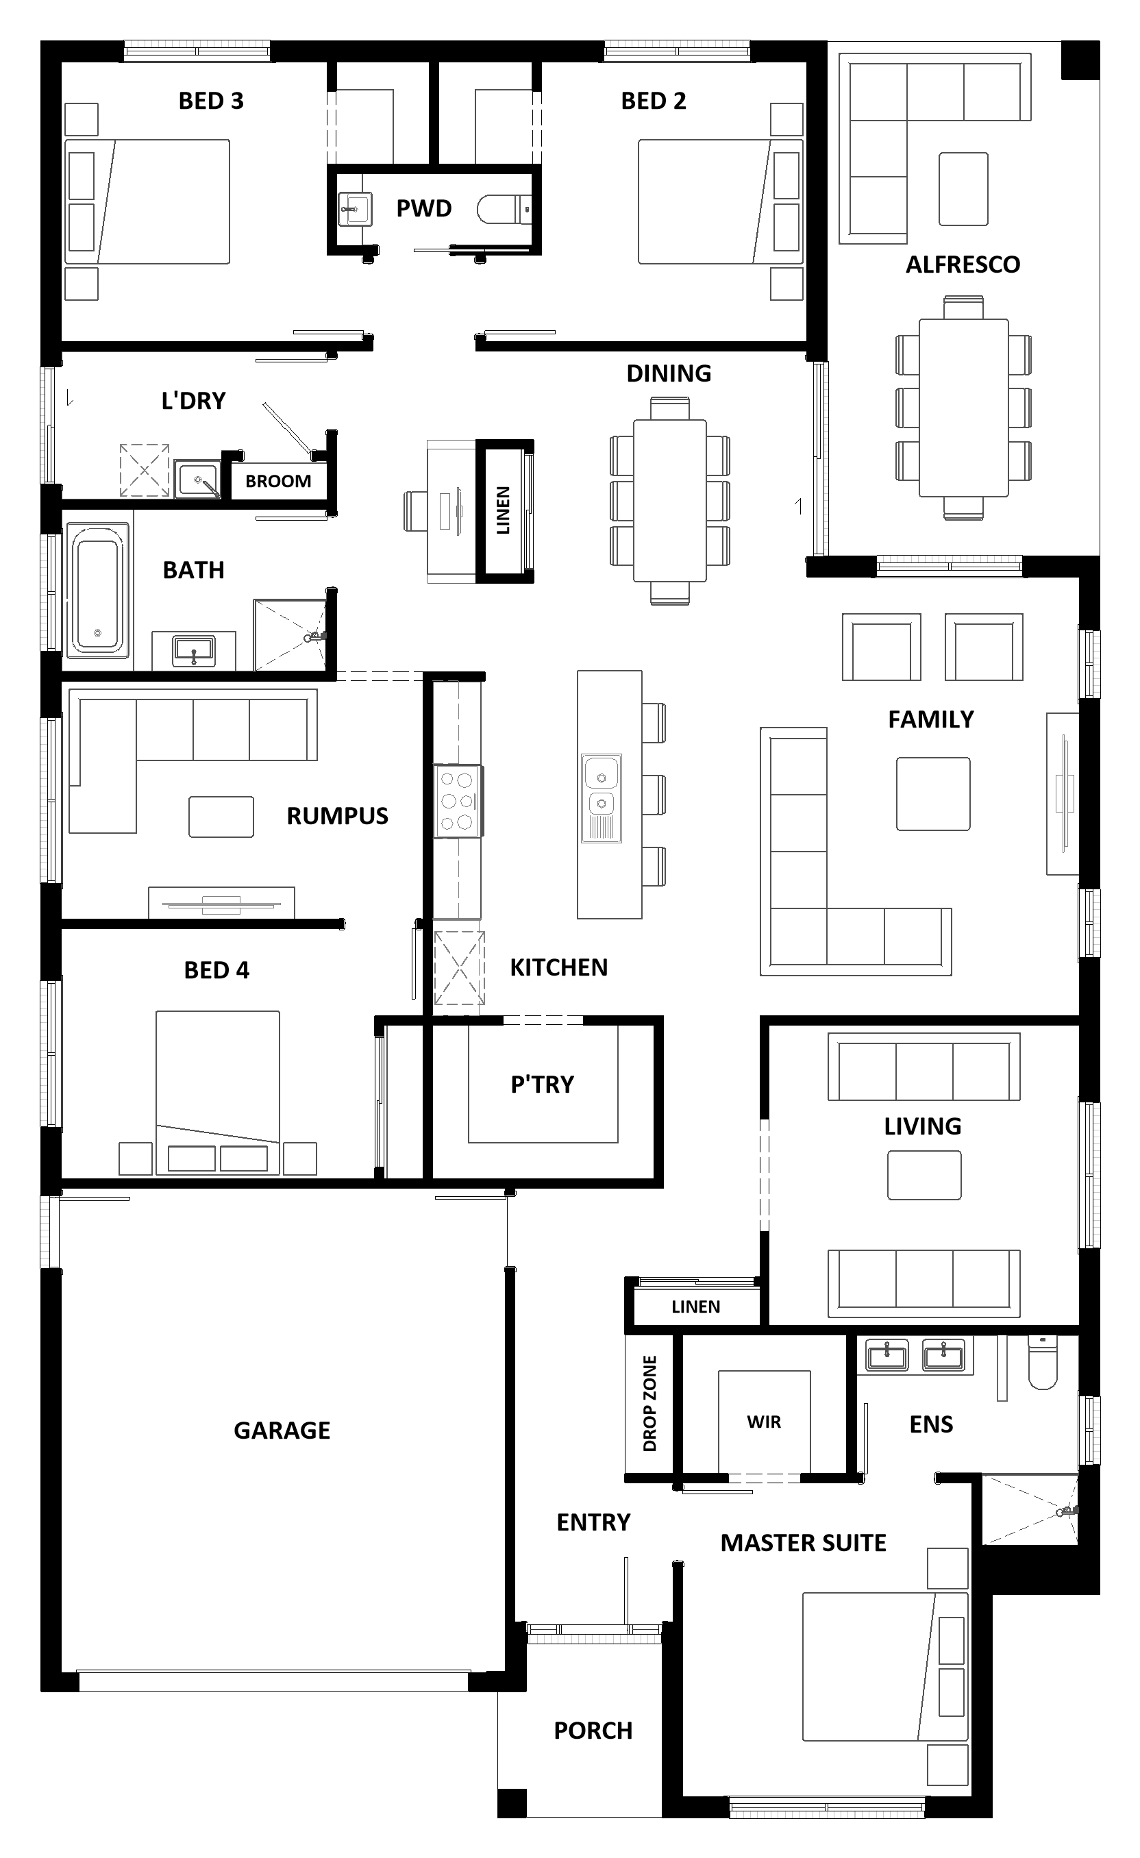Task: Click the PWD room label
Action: point(423,208)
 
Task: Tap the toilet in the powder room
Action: point(505,210)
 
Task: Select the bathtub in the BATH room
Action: point(98,590)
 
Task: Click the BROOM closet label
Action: point(278,481)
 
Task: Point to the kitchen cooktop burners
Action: point(457,801)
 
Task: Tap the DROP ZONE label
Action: point(650,1403)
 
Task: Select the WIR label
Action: point(764,1422)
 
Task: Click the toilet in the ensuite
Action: point(1043,1364)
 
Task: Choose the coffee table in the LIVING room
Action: point(924,1175)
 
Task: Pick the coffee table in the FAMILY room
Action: point(932,793)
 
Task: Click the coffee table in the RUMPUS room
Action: point(221,817)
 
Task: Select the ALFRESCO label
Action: point(963,264)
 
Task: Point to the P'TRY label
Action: point(542,1085)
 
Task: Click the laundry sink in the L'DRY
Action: point(197,479)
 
